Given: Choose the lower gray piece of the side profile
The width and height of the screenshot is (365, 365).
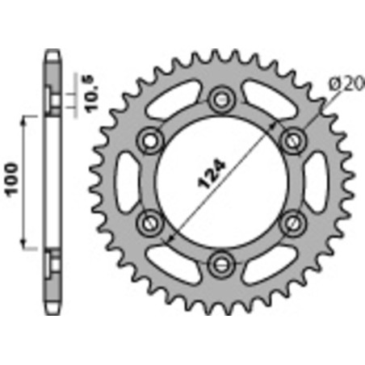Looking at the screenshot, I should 52,283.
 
